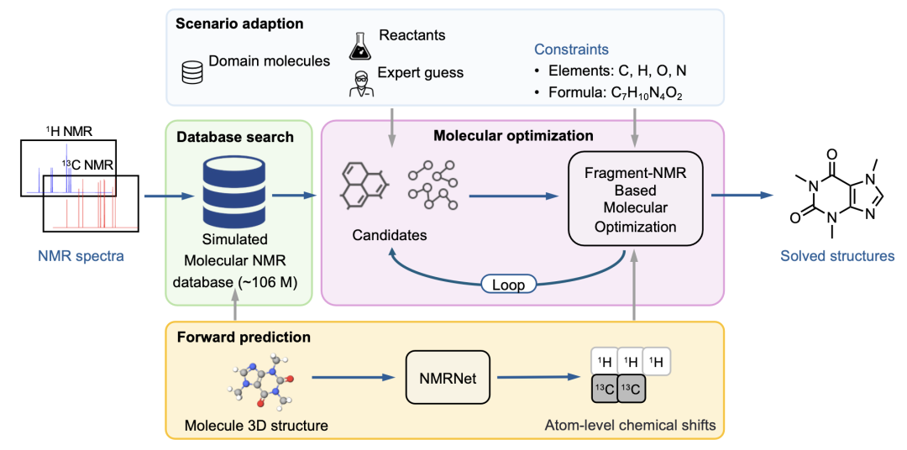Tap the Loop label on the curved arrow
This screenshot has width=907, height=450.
click(x=509, y=285)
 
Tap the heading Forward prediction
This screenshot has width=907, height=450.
click(x=244, y=337)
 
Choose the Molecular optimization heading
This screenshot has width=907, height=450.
click(x=513, y=134)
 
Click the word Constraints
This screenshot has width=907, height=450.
click(x=571, y=50)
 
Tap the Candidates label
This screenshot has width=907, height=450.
click(x=388, y=235)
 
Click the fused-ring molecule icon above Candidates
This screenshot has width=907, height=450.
click(x=364, y=186)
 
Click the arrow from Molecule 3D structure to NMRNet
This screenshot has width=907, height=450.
click(x=353, y=379)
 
